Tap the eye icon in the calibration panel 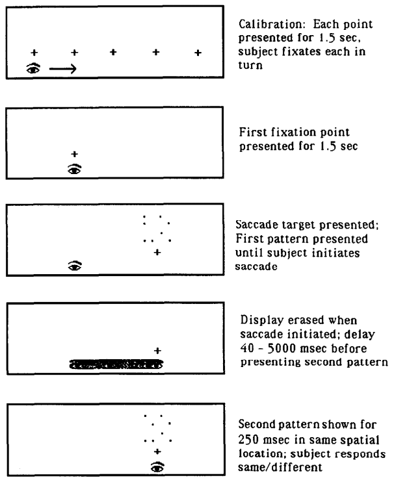[x=32, y=67]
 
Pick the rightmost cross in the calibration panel [x=199, y=51]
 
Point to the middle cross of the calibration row [x=114, y=51]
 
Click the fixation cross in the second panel [x=75, y=154]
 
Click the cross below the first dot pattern [x=157, y=252]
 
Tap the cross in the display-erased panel [x=157, y=351]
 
